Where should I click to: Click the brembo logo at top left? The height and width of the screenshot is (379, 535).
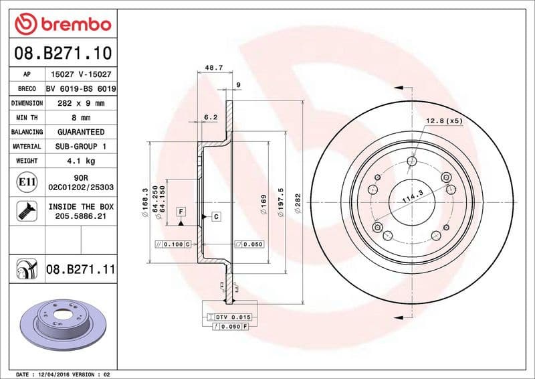click(x=62, y=23)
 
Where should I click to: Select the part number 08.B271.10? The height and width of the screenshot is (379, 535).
click(x=62, y=52)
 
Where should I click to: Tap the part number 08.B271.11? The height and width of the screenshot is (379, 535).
click(x=81, y=270)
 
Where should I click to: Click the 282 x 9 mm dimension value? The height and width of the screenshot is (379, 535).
click(x=81, y=103)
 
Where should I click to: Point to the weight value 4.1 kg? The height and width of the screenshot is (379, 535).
click(x=81, y=161)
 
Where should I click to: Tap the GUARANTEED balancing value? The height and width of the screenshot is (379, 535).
click(x=81, y=132)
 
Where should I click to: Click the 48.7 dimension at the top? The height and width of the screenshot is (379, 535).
click(x=213, y=68)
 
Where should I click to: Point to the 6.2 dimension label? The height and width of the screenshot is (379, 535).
click(x=211, y=117)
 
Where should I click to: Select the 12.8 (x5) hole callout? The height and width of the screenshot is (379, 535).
click(x=445, y=121)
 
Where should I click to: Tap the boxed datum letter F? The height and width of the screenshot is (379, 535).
click(x=181, y=212)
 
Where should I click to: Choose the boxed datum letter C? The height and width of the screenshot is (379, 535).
click(x=216, y=216)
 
